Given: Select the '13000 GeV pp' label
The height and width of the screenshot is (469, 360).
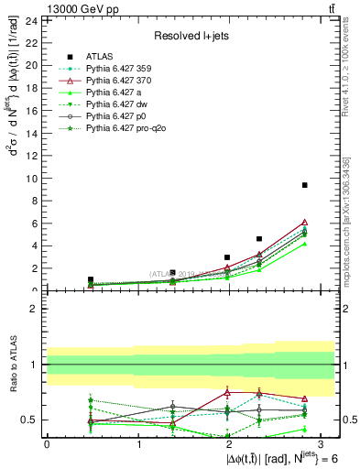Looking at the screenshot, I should point(65,8).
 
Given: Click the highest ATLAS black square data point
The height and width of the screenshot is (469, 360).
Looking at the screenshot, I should point(304,185).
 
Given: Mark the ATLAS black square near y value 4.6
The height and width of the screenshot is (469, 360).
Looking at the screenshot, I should point(259,239).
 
